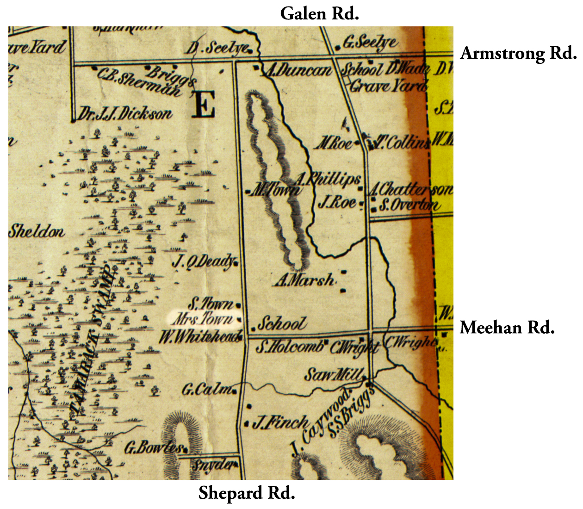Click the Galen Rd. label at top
pyautogui.click(x=319, y=13)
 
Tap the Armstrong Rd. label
pyautogui.click(x=518, y=53)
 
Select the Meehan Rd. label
pyautogui.click(x=507, y=328)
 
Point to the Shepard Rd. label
pyautogui.click(x=247, y=493)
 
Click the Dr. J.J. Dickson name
pyautogui.click(x=124, y=114)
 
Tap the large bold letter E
pyautogui.click(x=204, y=105)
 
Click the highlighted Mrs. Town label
pyautogui.click(x=204, y=319)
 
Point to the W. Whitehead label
pyautogui.click(x=200, y=336)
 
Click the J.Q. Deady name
pyautogui.click(x=204, y=262)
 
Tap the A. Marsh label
pyautogui.click(x=304, y=280)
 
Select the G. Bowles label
pyautogui.click(x=154, y=447)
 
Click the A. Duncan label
pyautogui.click(x=298, y=70)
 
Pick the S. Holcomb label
pyautogui.click(x=289, y=346)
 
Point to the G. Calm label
pyautogui.click(x=207, y=390)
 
